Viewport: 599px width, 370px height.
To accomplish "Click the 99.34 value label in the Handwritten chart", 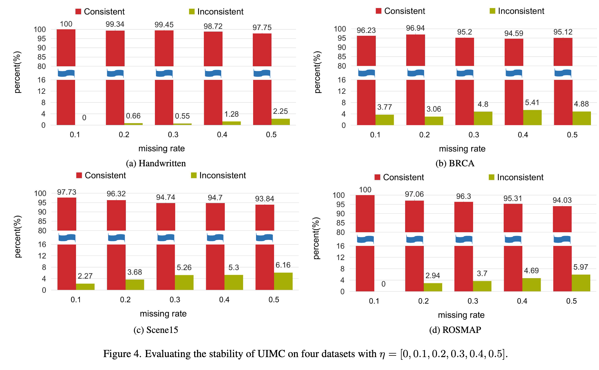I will click(x=115, y=24).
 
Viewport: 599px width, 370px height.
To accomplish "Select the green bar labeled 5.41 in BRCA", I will click(x=532, y=117).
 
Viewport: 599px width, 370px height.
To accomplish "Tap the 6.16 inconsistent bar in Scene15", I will click(x=283, y=281).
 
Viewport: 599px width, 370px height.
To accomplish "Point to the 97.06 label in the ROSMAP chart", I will click(x=414, y=194).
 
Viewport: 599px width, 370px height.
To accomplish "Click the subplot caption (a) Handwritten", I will click(x=156, y=163).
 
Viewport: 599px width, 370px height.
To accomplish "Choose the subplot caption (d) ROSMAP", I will click(x=455, y=330).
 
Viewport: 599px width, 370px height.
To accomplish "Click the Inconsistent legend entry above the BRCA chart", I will click(x=517, y=11).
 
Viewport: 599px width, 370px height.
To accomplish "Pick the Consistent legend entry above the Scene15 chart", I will click(x=101, y=175).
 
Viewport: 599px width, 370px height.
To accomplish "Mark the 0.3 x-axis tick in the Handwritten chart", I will click(x=173, y=134).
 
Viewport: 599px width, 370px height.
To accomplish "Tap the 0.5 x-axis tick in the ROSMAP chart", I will click(x=571, y=301).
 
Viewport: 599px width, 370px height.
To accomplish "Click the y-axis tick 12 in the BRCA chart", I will click(x=342, y=91).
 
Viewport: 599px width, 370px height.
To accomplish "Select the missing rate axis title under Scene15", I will click(x=163, y=314).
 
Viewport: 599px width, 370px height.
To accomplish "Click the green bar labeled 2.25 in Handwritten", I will click(x=280, y=122).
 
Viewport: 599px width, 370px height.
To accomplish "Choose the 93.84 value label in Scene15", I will click(x=264, y=199).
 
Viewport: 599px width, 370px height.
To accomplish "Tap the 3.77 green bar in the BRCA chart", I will click(x=385, y=120).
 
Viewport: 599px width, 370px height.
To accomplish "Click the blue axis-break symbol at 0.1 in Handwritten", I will click(x=66, y=73).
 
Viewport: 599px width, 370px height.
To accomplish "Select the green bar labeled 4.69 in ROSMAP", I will click(x=531, y=285).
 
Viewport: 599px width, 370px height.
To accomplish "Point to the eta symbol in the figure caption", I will click(x=382, y=354).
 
